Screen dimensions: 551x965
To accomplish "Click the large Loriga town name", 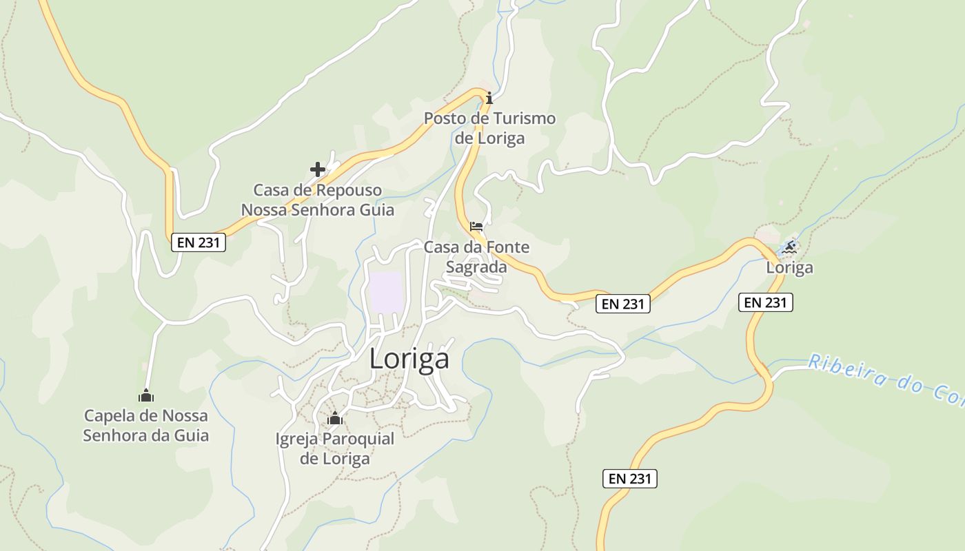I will [x=409, y=359].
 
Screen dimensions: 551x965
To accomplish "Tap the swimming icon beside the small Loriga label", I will [x=790, y=247].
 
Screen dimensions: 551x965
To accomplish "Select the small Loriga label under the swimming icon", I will [x=790, y=267].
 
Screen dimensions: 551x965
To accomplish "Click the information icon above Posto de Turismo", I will [x=489, y=98].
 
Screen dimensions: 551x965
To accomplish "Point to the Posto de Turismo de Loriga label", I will [x=489, y=128].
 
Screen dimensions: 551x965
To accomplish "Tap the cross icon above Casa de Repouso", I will [x=318, y=169].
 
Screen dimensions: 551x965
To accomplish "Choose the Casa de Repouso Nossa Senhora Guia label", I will [x=317, y=200].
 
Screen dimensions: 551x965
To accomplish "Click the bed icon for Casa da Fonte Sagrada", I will [x=476, y=227].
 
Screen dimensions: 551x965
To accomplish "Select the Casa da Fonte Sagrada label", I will [x=477, y=256].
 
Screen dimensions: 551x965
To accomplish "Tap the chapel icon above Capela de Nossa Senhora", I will [x=146, y=396].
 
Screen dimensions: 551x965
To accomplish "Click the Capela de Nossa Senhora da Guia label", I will [x=145, y=426].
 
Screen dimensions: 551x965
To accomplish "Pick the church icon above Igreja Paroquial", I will [x=335, y=418].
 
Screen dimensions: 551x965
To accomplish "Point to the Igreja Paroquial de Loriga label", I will [x=335, y=448].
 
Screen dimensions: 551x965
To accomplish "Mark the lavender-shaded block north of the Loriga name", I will [x=386, y=292].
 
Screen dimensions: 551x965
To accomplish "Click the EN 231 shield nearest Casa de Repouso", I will [x=199, y=242].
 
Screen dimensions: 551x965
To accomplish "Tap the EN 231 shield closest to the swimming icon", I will [x=766, y=302].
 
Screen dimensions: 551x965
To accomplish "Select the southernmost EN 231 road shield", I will [x=630, y=479].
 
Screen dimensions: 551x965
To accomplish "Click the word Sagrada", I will [x=477, y=267].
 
